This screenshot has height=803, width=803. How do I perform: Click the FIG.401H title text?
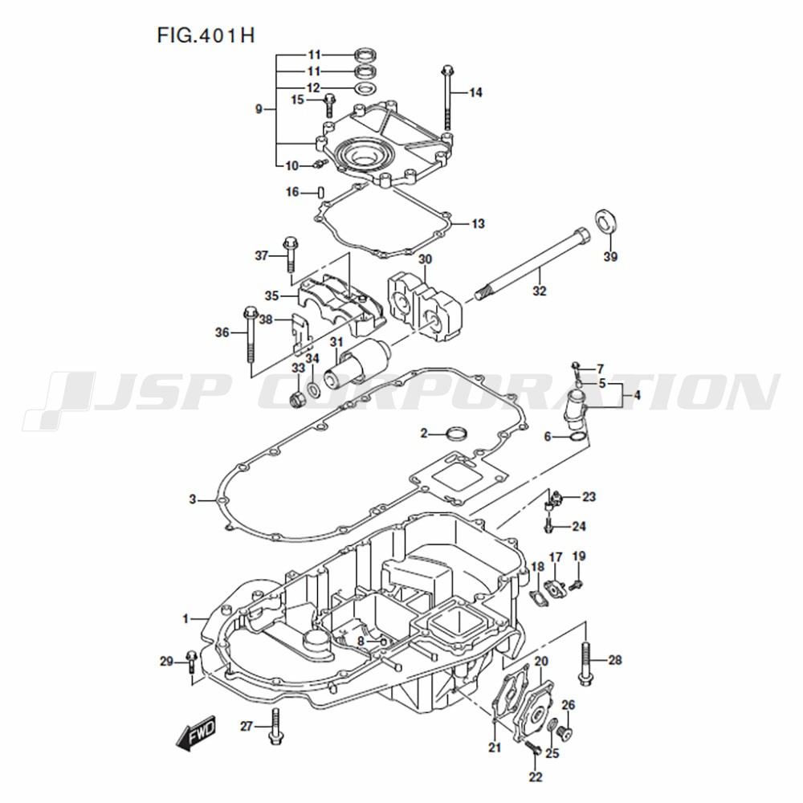(206, 35)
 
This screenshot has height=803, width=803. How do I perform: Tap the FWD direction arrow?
(196, 732)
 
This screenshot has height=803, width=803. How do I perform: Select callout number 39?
(610, 257)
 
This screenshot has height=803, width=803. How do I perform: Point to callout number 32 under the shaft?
(540, 291)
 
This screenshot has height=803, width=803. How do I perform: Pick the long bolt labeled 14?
(448, 98)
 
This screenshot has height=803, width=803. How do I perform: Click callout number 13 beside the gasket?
(478, 224)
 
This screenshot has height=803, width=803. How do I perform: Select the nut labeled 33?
(297, 399)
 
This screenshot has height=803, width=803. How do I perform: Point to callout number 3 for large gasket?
(193, 499)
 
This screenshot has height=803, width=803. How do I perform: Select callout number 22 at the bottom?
(535, 777)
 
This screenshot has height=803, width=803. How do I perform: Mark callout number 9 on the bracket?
(259, 109)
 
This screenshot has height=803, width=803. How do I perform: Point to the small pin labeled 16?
(320, 192)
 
